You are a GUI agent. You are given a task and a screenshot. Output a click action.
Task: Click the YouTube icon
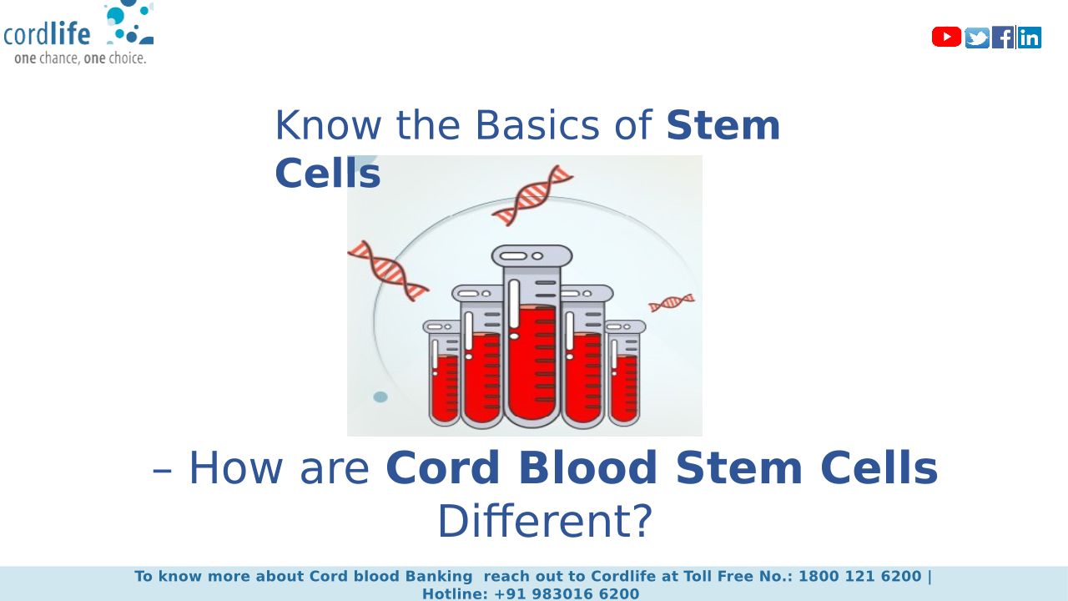pyautogui.click(x=946, y=37)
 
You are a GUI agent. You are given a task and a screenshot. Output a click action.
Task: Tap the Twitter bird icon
pyautogui.click(x=977, y=38)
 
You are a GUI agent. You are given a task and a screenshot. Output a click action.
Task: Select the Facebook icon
pyautogui.click(x=1003, y=38)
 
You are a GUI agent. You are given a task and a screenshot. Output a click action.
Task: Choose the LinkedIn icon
pyautogui.click(x=1030, y=38)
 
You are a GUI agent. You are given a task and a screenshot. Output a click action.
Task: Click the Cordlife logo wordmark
pyautogui.click(x=47, y=34)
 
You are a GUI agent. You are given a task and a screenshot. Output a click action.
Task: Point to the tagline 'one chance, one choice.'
pyautogui.click(x=80, y=58)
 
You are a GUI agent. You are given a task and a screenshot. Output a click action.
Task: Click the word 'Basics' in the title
pyautogui.click(x=537, y=125)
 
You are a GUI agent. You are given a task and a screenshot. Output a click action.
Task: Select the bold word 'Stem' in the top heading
pyautogui.click(x=723, y=125)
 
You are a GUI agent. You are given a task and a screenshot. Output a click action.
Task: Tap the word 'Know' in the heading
pyautogui.click(x=328, y=125)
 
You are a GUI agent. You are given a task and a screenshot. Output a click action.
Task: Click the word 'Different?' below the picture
pyautogui.click(x=545, y=521)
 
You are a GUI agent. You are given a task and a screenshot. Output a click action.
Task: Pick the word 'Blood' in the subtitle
pyautogui.click(x=588, y=467)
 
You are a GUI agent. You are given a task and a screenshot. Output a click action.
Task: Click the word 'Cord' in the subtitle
pyautogui.click(x=443, y=467)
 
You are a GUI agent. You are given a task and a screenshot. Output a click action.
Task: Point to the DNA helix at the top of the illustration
pyautogui.click(x=532, y=195)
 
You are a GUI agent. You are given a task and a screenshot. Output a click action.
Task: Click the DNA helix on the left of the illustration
pyautogui.click(x=388, y=270)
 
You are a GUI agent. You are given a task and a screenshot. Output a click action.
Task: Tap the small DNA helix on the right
pyautogui.click(x=672, y=302)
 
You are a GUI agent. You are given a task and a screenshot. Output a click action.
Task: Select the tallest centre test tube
pyautogui.click(x=531, y=336)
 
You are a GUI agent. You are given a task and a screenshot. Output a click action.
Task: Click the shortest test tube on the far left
pyautogui.click(x=443, y=373)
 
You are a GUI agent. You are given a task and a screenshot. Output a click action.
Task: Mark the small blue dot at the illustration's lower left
pyautogui.click(x=380, y=396)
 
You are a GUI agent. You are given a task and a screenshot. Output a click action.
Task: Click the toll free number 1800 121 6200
pyautogui.click(x=860, y=576)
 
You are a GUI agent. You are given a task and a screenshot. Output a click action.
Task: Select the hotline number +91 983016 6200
pyautogui.click(x=567, y=593)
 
